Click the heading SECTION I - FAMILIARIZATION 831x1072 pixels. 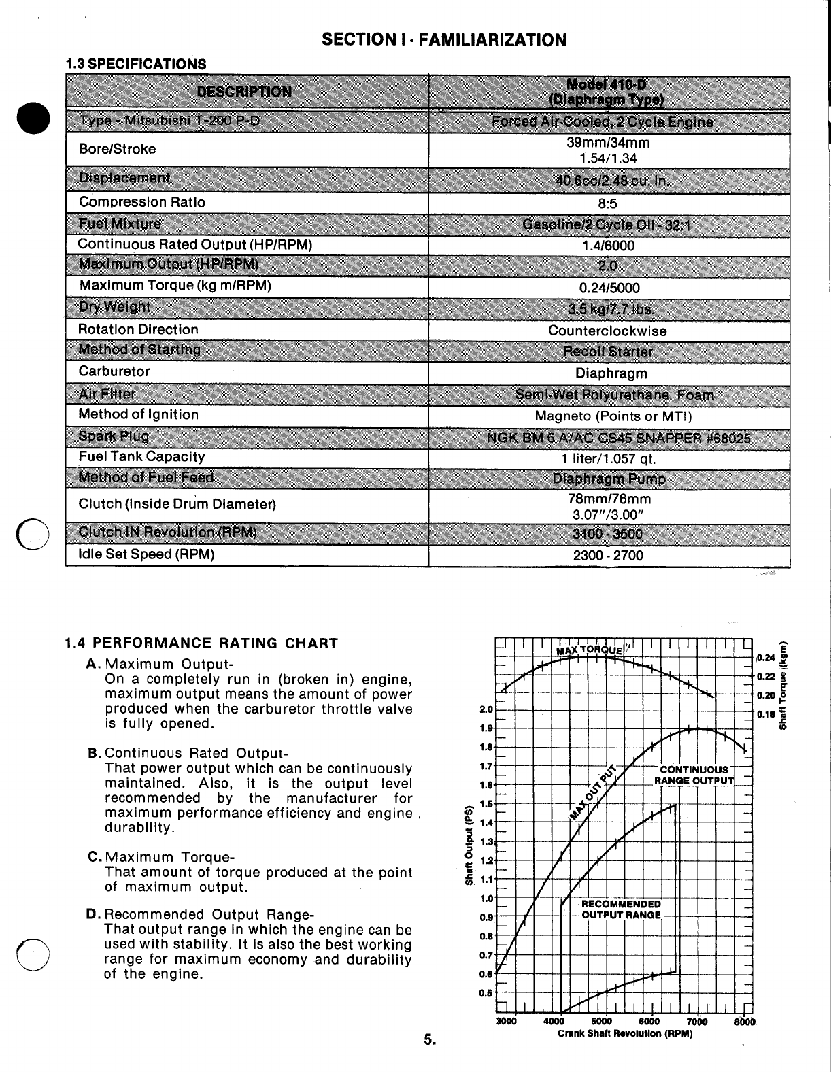point(443,39)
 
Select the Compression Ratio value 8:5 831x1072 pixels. point(609,203)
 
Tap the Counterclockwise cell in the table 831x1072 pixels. point(607,331)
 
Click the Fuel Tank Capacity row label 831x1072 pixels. point(141,457)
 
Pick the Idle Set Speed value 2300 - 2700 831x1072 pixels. point(608,556)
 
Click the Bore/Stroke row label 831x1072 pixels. point(117,149)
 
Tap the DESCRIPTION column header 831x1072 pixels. point(244,92)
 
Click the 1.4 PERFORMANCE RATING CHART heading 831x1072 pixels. point(201,643)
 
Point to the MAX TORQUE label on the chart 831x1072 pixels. point(589,650)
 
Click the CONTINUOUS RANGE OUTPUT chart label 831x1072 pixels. point(694,775)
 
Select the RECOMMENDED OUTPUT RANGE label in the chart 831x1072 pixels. point(621,909)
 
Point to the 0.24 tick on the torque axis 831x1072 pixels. point(766,658)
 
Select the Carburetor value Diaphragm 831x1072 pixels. point(611,373)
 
